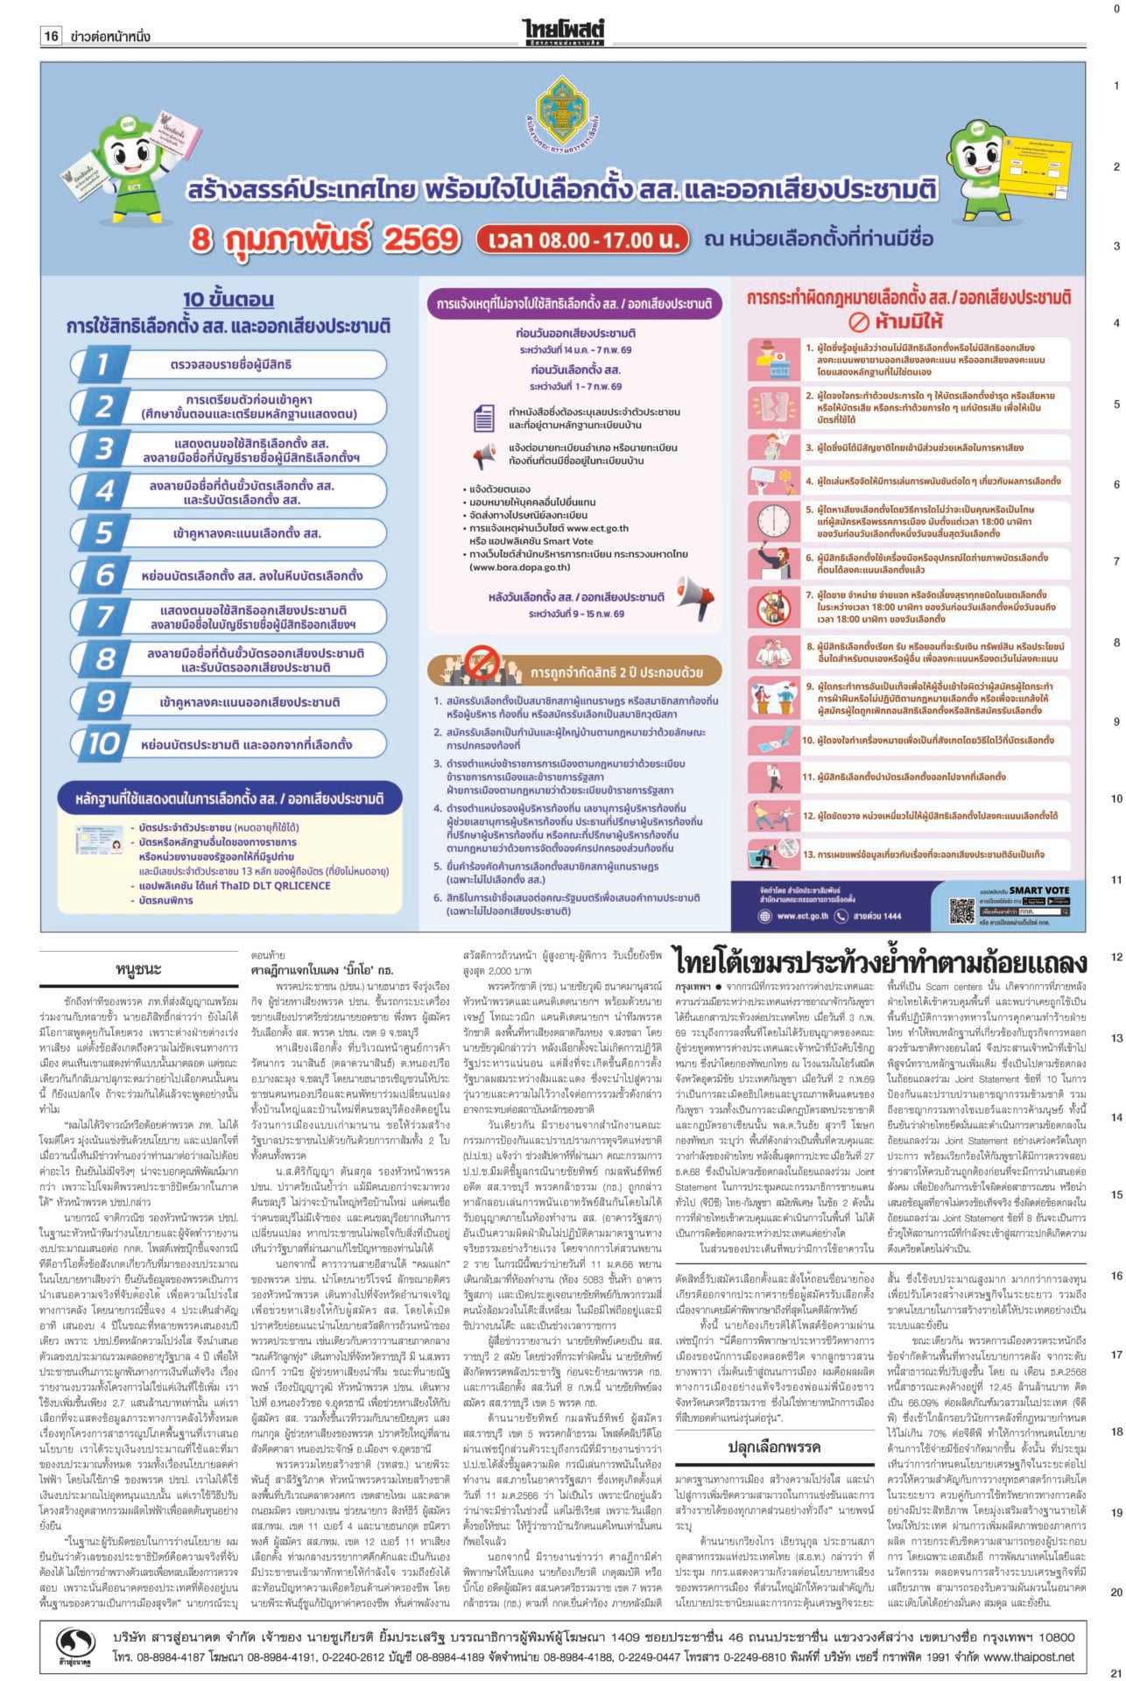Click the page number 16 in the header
(52, 36)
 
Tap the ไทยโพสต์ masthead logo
(563, 32)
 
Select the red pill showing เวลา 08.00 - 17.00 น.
(581, 239)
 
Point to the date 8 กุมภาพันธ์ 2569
(326, 239)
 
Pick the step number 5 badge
(104, 532)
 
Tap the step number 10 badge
(104, 743)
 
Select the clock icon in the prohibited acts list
(773, 519)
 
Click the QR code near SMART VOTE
(961, 911)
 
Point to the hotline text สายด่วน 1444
(876, 916)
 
